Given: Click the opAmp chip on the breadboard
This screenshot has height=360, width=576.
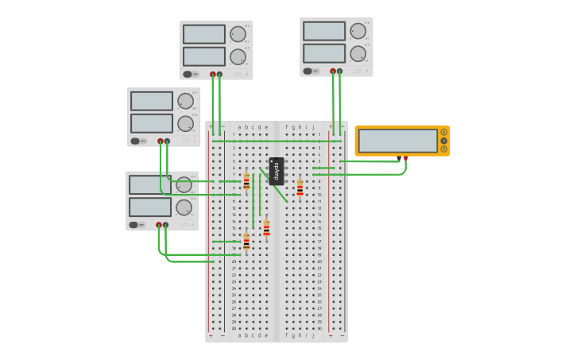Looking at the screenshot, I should click(x=276, y=171).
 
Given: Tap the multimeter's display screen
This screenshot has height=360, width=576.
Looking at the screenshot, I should click(x=397, y=141).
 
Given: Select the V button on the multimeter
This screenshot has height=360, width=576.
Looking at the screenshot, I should click(x=443, y=141).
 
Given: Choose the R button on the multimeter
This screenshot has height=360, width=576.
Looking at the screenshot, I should click(x=443, y=149).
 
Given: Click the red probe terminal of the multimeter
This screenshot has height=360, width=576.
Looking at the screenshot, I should click(x=405, y=158).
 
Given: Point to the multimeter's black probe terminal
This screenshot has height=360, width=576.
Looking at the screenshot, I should click(x=399, y=158).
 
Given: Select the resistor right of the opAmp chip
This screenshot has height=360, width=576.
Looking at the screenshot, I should click(x=300, y=188).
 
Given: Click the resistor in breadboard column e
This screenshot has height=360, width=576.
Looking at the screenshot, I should click(x=266, y=229).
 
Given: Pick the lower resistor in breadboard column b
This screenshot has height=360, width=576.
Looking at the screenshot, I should click(x=246, y=242).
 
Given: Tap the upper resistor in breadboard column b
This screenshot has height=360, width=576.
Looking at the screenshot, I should click(x=246, y=182).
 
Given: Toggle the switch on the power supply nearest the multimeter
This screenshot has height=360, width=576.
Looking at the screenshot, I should click(x=307, y=71).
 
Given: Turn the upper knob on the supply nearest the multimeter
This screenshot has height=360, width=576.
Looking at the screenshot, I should click(x=358, y=31).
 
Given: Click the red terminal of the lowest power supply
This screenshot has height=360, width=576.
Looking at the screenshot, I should click(x=159, y=225).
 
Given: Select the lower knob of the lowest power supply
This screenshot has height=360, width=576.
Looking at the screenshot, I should click(x=184, y=207).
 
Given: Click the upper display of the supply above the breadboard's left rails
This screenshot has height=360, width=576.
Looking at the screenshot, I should click(x=204, y=34).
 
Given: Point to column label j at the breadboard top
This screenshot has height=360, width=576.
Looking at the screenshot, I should click(x=313, y=127).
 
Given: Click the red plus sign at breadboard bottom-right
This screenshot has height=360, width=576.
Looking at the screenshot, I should click(x=331, y=335).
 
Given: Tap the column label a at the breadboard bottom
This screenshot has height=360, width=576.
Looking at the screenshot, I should click(x=239, y=335).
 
